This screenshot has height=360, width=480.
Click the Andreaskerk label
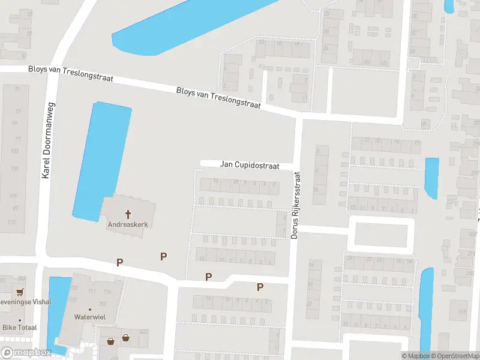[x=127, y=225]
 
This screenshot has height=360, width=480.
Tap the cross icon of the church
[x=128, y=214]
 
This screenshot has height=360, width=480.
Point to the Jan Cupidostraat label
[x=250, y=164]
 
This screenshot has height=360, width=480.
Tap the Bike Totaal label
[x=20, y=328]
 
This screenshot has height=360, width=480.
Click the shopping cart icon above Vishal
[x=21, y=292]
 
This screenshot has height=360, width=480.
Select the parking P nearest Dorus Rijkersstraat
[x=260, y=287]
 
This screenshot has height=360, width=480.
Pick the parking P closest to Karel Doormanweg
[x=119, y=262]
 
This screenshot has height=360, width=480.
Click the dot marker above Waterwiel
[x=90, y=309]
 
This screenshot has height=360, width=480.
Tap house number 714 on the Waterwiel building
[x=107, y=292]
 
